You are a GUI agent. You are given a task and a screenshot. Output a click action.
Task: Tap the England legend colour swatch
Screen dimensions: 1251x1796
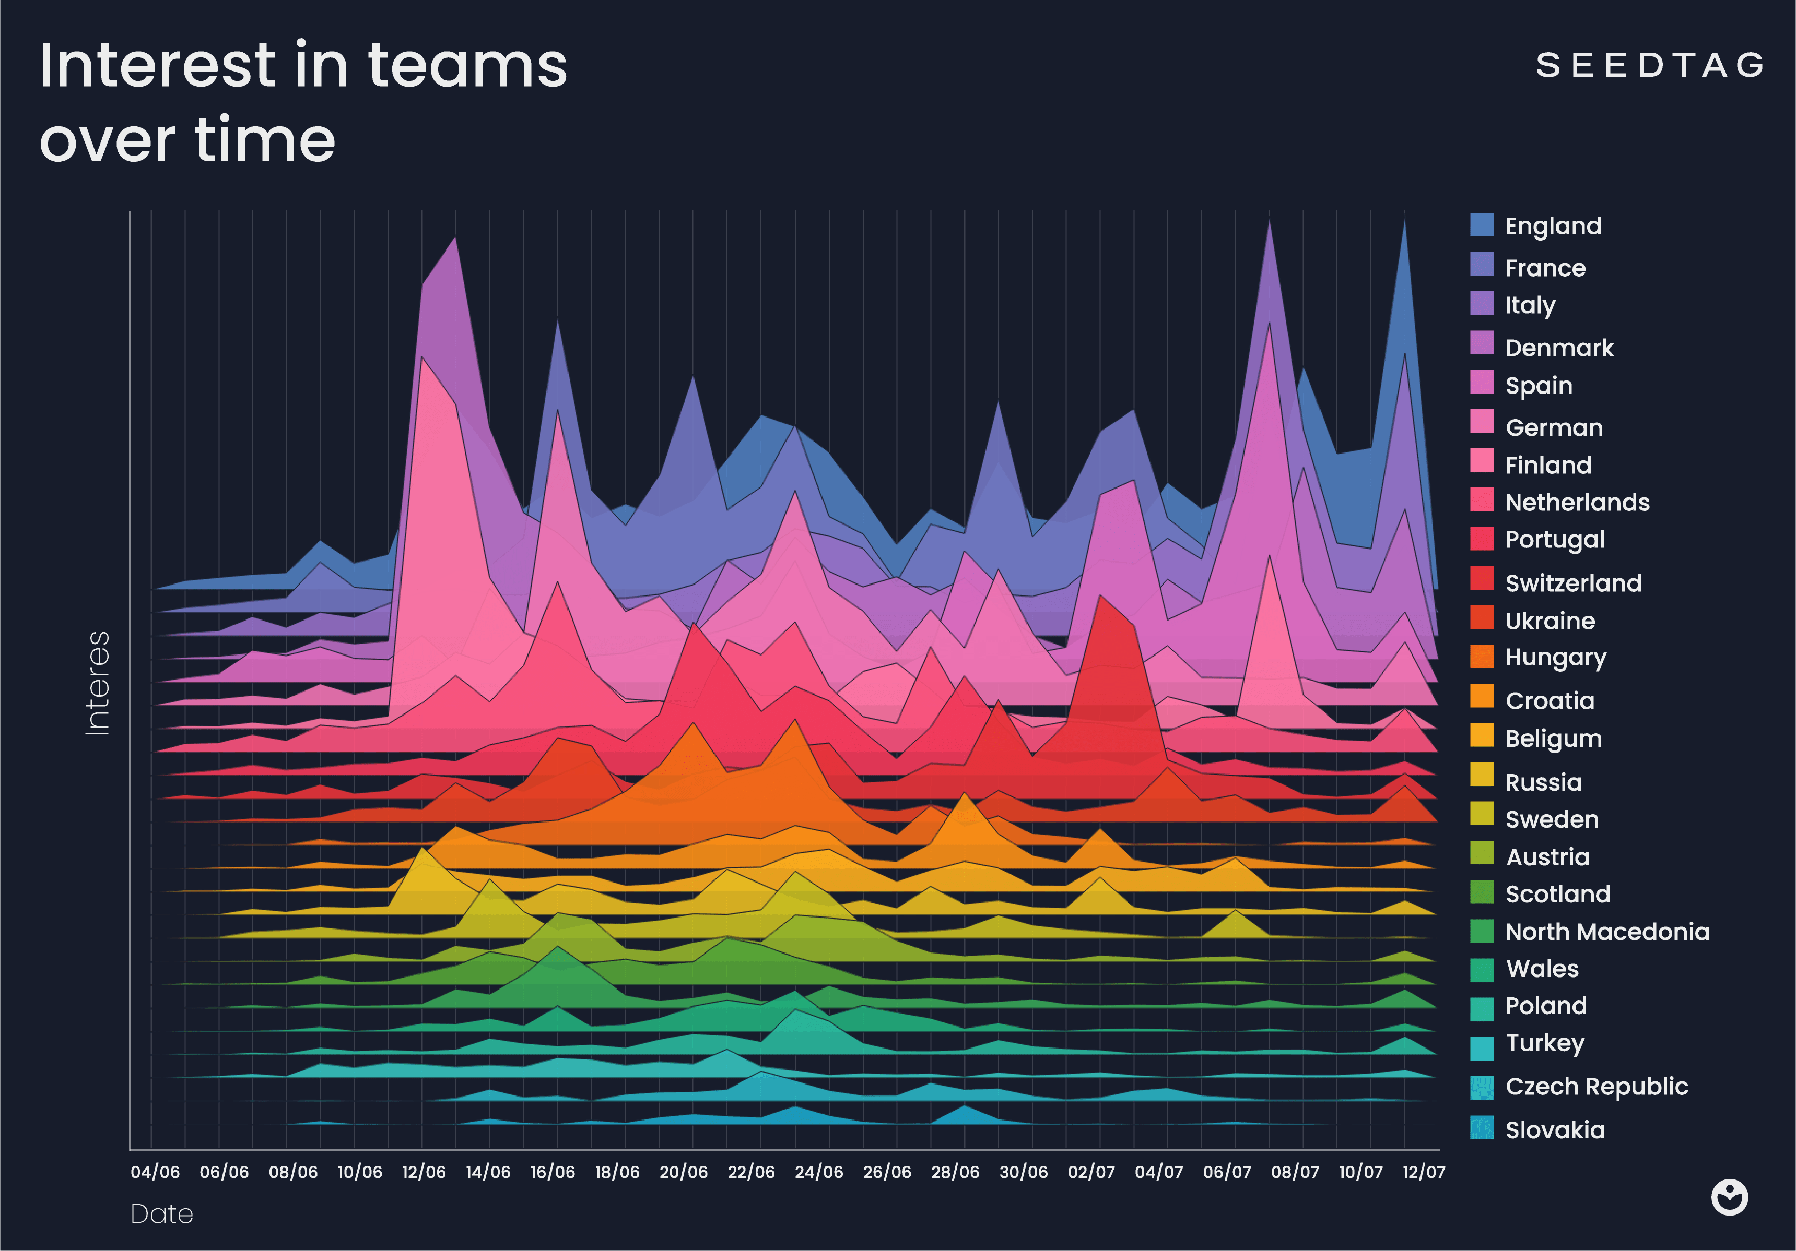[x=1482, y=225]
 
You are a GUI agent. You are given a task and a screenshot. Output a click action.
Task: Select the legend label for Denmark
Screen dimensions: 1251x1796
[x=1558, y=348]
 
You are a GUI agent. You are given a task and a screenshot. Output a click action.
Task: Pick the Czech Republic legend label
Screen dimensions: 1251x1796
[x=1596, y=1087]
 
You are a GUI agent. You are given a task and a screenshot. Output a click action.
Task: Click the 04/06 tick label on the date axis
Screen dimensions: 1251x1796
[x=155, y=1172]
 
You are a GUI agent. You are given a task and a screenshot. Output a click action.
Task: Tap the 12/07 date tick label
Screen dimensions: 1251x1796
[x=1424, y=1172]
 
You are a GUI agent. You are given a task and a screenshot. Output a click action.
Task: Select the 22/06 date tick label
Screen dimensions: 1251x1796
[x=751, y=1172]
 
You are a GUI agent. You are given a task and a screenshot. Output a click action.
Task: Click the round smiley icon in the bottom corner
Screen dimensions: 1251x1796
[x=1729, y=1197]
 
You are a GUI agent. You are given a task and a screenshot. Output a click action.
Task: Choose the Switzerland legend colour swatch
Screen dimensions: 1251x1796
[x=1482, y=579]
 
